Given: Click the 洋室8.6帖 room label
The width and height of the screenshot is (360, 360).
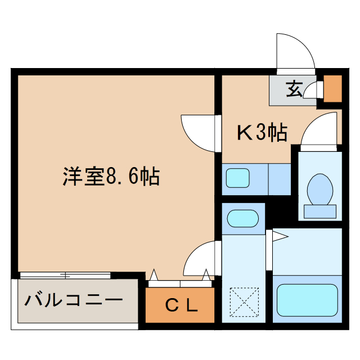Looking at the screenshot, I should [111, 177].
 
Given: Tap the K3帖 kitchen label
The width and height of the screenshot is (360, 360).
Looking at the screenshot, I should [262, 133].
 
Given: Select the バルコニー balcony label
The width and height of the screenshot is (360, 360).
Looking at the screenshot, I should [73, 299].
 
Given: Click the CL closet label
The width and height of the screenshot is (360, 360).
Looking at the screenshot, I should [181, 305].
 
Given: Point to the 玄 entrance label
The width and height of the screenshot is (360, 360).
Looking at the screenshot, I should [294, 89].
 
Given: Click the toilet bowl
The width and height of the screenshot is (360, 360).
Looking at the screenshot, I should [319, 189].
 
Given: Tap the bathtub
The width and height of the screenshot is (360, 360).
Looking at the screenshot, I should [307, 299].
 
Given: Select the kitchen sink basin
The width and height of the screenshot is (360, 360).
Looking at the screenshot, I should [238, 178].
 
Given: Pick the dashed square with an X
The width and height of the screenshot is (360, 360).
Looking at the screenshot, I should [245, 302].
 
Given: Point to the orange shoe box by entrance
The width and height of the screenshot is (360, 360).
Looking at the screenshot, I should [333, 88].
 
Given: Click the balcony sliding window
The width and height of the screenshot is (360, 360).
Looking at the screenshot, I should [65, 275].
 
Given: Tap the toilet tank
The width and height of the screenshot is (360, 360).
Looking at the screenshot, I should [319, 211].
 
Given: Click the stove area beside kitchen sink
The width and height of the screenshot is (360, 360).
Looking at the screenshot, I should [279, 178].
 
